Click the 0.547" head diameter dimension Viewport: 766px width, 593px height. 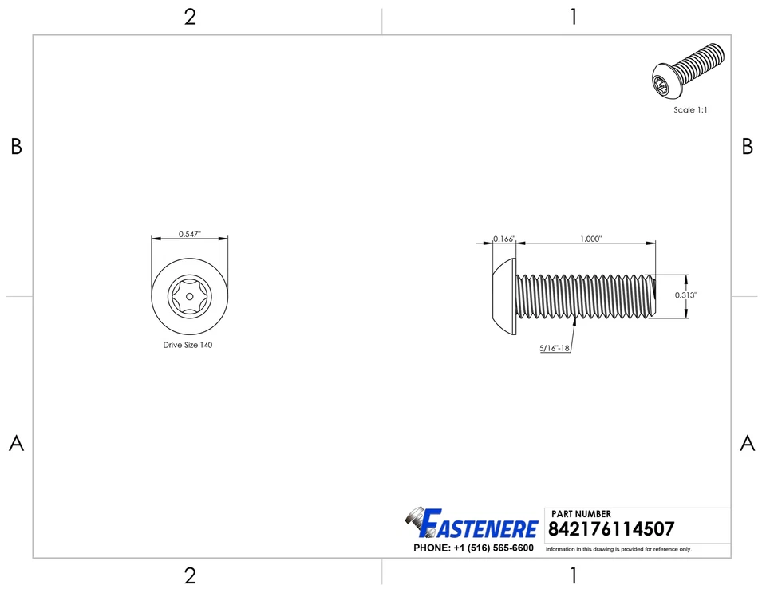(190, 234)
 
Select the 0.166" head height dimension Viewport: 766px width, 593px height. (504, 239)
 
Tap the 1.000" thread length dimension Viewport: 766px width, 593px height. (590, 239)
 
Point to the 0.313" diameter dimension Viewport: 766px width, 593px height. (686, 295)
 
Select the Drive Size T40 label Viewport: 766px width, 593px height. (188, 346)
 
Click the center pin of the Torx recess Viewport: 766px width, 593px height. (189, 296)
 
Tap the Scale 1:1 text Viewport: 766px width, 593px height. (690, 110)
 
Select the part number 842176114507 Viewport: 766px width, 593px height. (611, 529)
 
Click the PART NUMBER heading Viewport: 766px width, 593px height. (581, 514)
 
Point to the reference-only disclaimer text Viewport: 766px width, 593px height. (618, 549)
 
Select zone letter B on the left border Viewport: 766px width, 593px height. (16, 147)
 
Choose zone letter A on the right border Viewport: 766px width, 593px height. (748, 444)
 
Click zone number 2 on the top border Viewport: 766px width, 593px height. (190, 17)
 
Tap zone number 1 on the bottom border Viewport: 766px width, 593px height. (573, 576)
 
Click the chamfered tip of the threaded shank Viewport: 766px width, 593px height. (653, 296)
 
